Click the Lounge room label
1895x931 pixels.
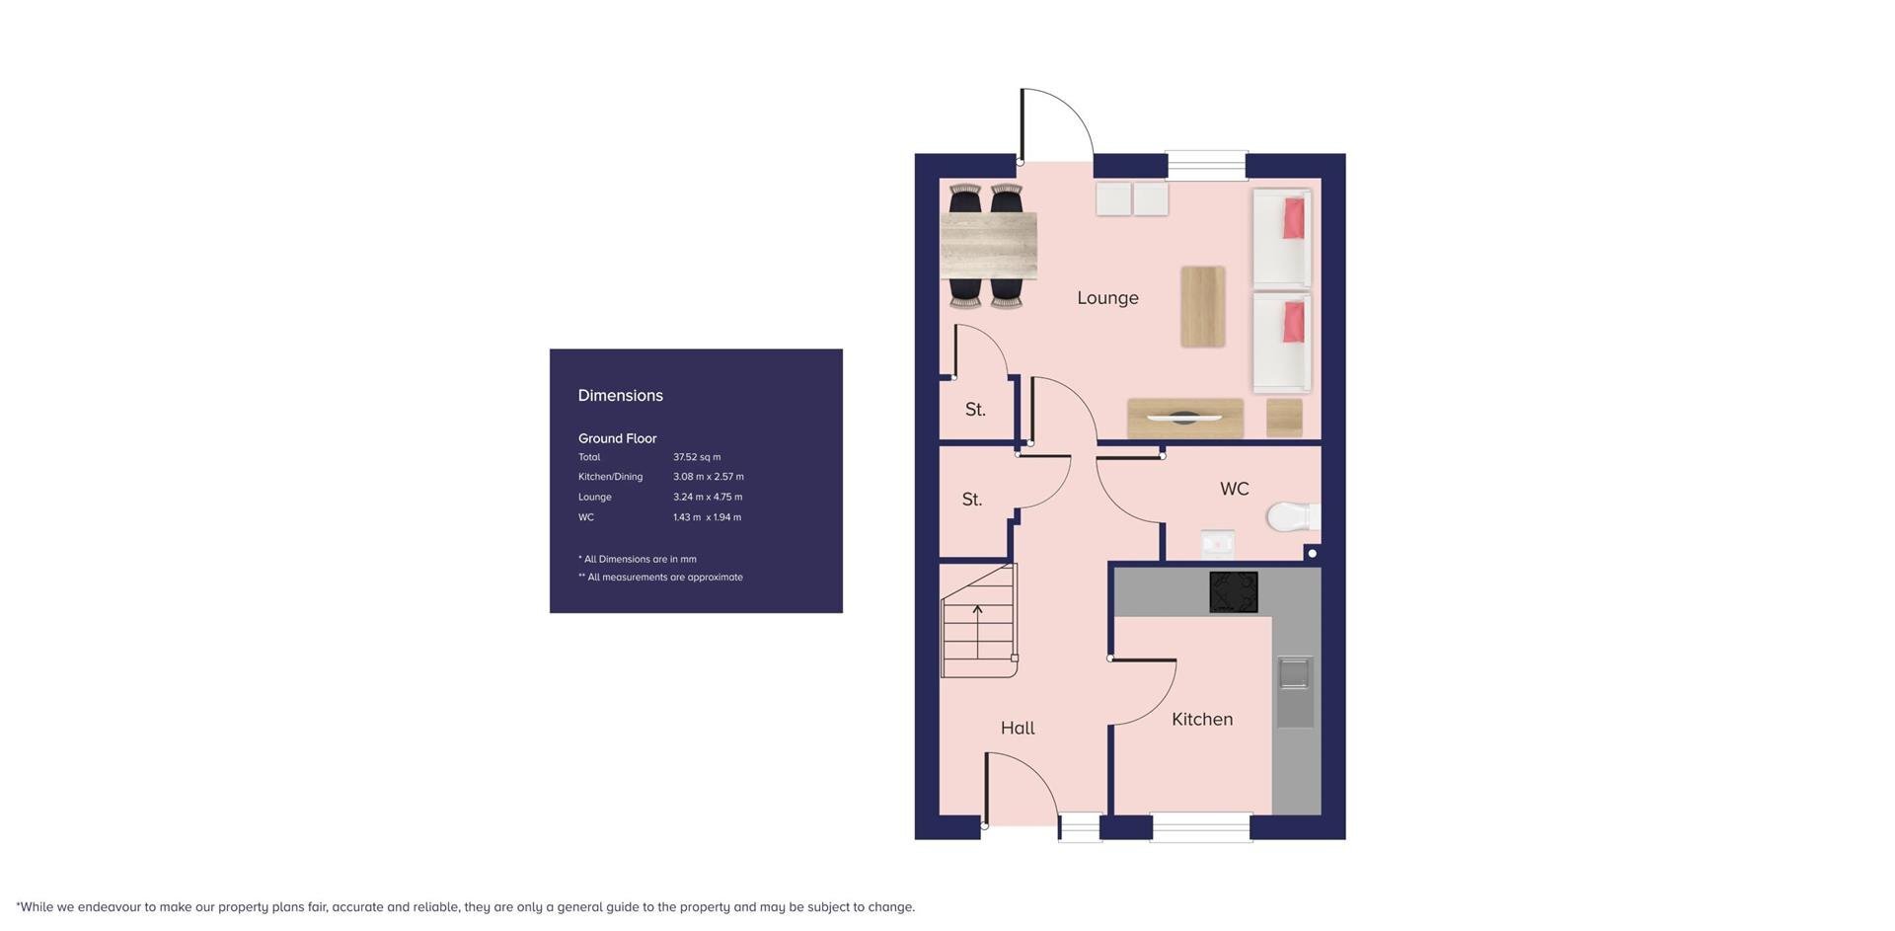(x=1107, y=298)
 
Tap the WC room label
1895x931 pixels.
(x=1234, y=489)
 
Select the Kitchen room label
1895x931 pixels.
(x=1202, y=720)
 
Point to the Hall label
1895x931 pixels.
(x=1018, y=728)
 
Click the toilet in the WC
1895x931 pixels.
(x=1293, y=516)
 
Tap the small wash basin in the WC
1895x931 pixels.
(x=1217, y=543)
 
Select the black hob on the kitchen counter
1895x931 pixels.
(x=1234, y=592)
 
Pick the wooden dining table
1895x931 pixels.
(x=988, y=246)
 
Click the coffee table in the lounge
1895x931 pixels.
(x=1203, y=306)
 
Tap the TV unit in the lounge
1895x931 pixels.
(x=1185, y=419)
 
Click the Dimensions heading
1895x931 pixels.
(x=621, y=396)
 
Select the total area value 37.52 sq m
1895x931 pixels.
(x=697, y=457)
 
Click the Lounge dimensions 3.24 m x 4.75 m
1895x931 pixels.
(x=708, y=498)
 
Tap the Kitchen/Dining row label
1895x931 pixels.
(x=610, y=477)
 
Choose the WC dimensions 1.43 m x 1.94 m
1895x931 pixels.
(x=707, y=517)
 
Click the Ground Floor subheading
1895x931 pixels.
(x=617, y=438)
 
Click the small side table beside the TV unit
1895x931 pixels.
(x=1284, y=418)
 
